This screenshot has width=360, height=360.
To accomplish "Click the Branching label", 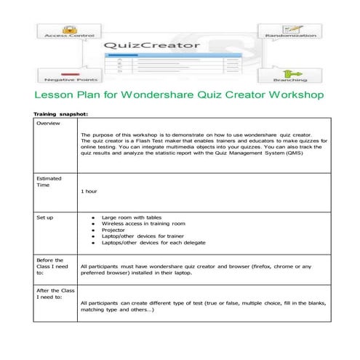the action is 289,79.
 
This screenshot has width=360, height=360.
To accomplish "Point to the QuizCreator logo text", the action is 151,45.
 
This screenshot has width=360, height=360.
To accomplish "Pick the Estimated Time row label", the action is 49,182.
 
